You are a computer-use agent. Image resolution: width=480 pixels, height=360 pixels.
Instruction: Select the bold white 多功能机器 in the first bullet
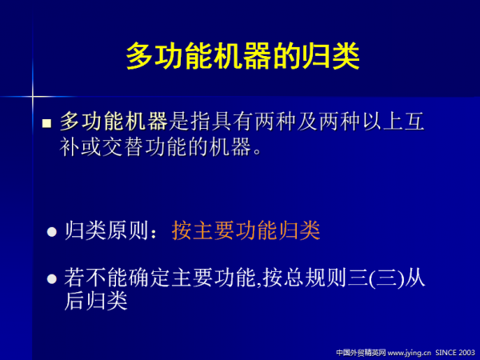(x=114, y=122)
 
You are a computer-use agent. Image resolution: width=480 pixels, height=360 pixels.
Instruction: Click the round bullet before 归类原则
(x=52, y=232)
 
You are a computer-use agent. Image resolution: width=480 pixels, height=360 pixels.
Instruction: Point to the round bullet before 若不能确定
(x=52, y=279)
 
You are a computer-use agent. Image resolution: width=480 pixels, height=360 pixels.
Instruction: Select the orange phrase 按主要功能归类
(x=246, y=231)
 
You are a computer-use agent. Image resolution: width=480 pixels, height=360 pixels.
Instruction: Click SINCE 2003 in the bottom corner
(x=455, y=351)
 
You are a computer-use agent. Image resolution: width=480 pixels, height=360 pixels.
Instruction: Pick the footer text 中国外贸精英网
(x=361, y=351)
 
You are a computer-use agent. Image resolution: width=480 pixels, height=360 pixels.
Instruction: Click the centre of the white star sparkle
(x=33, y=98)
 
